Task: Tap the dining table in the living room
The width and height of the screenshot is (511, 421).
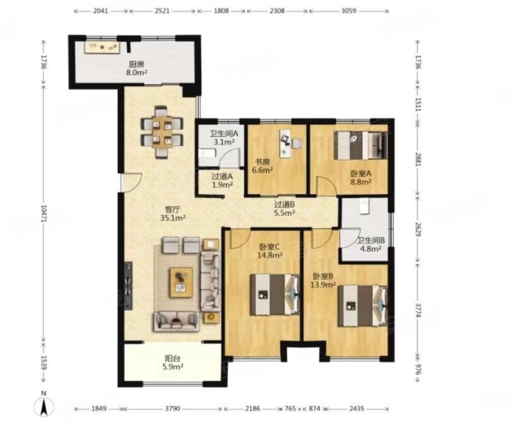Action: tap(162, 132)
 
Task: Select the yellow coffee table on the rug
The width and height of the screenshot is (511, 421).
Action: tap(181, 283)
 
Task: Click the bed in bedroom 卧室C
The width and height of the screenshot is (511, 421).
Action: tap(275, 295)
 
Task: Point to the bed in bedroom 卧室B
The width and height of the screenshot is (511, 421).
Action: tap(363, 306)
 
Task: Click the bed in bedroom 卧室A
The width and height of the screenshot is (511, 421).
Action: tap(361, 145)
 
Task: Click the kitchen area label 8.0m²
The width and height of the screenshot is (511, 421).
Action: tap(137, 72)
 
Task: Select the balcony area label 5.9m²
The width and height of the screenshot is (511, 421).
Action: tap(173, 367)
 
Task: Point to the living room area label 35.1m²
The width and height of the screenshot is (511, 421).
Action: tap(173, 218)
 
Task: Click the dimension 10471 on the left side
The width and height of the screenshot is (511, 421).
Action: tap(44, 214)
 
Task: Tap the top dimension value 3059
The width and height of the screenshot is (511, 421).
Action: tap(349, 10)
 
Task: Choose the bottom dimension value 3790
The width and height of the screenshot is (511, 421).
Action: tap(172, 408)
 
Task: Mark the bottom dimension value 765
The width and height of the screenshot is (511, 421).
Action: tap(290, 408)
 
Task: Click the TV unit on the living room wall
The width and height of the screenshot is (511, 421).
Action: tap(128, 284)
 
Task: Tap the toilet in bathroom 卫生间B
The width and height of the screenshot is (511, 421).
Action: tap(364, 206)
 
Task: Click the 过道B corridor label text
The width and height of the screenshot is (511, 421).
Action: tap(284, 205)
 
